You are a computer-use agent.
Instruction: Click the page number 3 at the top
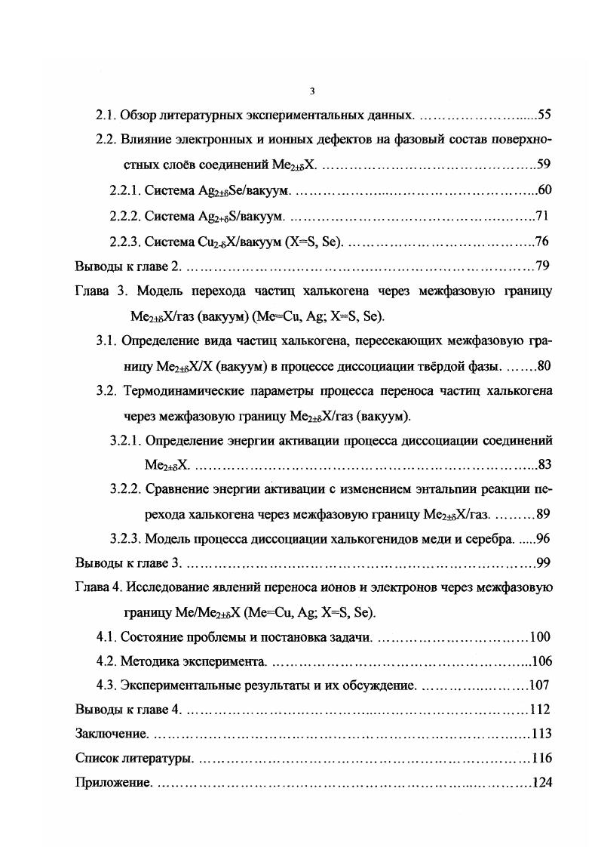pyautogui.click(x=312, y=91)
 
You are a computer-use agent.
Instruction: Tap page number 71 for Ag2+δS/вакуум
pyautogui.click(x=541, y=217)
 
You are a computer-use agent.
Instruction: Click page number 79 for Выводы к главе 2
pyautogui.click(x=541, y=266)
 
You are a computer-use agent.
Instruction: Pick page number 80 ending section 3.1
pyautogui.click(x=545, y=365)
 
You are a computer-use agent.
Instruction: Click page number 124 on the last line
pyautogui.click(x=541, y=783)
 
